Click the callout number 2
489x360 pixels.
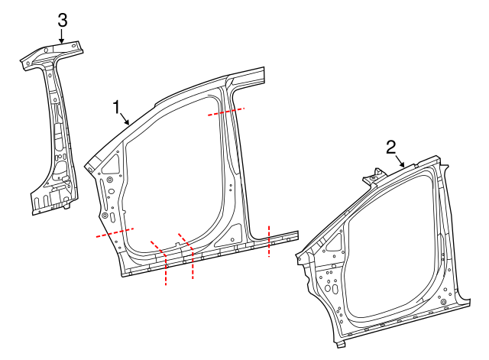click(x=390, y=146)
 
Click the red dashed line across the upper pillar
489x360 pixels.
click(x=226, y=111)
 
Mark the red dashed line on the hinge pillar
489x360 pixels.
click(x=115, y=232)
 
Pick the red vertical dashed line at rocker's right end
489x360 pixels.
click(x=270, y=241)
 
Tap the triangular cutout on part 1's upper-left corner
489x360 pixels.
click(x=110, y=162)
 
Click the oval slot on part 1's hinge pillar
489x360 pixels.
click(x=110, y=217)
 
